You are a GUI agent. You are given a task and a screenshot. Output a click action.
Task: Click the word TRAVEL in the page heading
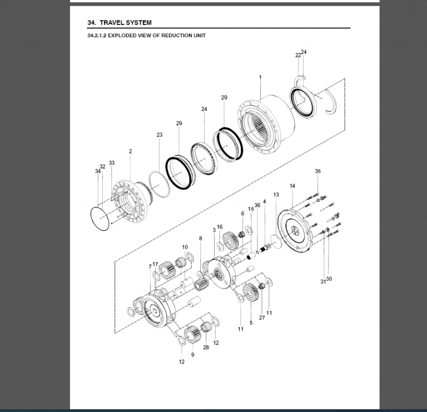click(114, 23)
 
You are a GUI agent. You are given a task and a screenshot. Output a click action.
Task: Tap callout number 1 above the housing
click(260, 77)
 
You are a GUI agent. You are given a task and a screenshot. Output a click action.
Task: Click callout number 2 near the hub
click(130, 151)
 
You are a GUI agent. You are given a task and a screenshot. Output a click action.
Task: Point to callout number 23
click(160, 135)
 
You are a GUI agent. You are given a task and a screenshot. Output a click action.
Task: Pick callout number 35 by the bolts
click(317, 171)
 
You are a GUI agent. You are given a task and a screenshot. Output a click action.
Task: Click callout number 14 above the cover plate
click(292, 185)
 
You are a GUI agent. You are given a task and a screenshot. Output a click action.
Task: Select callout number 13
click(276, 195)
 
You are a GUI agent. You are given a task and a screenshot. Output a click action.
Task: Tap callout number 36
click(257, 205)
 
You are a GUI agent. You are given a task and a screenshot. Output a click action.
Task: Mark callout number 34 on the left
click(98, 171)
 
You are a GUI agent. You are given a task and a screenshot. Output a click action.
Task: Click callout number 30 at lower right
click(329, 279)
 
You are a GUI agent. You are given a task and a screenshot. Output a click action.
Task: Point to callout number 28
click(206, 348)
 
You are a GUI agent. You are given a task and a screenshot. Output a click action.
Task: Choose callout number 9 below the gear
click(192, 354)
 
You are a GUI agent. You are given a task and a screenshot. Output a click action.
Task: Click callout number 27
click(261, 318)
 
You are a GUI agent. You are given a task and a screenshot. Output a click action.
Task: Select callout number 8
click(201, 238)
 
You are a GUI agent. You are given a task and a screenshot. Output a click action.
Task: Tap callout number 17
click(156, 264)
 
